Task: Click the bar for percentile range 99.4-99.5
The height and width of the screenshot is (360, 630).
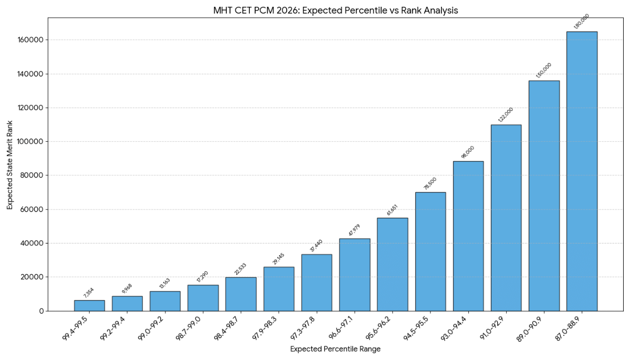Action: click(89, 306)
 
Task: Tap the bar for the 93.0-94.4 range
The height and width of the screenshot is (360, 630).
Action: click(468, 236)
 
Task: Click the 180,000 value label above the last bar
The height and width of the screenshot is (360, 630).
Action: click(582, 23)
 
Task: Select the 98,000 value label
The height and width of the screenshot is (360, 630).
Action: click(468, 153)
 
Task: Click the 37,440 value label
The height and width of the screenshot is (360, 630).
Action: click(317, 246)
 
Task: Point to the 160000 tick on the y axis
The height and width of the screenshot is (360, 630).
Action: click(30, 40)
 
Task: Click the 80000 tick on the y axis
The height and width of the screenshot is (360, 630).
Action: click(32, 176)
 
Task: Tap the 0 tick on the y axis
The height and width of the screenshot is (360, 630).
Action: click(41, 311)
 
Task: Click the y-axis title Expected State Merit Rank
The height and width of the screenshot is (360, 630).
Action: click(9, 164)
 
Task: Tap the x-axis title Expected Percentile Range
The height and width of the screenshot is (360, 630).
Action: click(335, 349)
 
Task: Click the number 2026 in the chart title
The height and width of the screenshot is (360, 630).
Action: click(296, 10)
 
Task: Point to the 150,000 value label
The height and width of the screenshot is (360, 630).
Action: click(544, 71)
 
